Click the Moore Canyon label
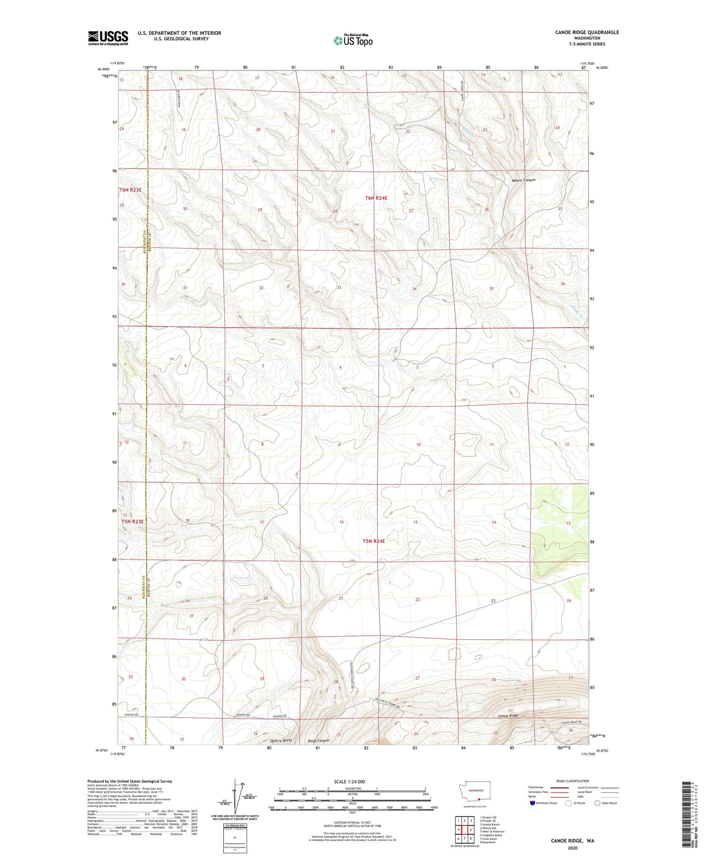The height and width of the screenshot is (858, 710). click(x=523, y=180)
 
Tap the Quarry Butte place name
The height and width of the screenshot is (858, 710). click(x=281, y=740)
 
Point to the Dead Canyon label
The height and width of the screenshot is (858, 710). click(x=319, y=741)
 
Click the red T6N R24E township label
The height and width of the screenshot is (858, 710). click(x=376, y=198)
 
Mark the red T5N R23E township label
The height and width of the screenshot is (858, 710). click(x=132, y=521)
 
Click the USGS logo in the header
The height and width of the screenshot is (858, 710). click(x=108, y=38)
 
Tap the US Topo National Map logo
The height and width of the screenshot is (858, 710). click(x=353, y=40)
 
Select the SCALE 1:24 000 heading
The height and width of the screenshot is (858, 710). click(x=352, y=781)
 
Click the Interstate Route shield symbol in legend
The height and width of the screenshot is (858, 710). click(x=532, y=803)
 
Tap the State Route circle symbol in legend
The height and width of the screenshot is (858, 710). click(x=597, y=803)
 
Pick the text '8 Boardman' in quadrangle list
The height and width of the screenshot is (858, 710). click(x=488, y=842)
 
